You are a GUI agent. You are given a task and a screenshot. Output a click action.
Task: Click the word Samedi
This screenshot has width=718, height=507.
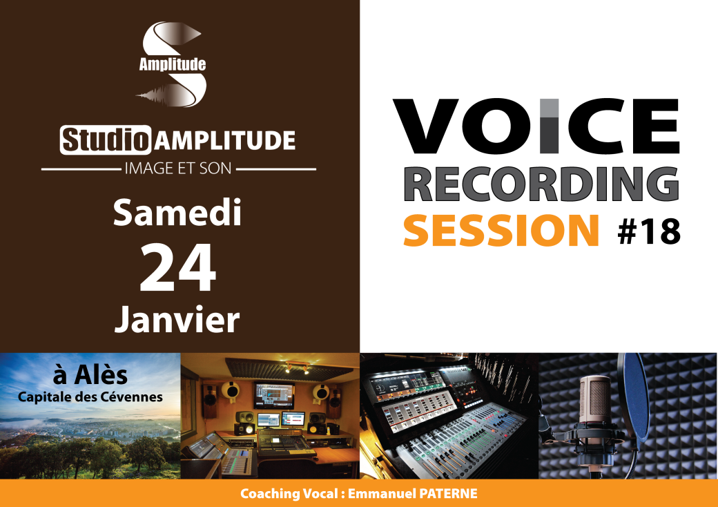tap(177, 213)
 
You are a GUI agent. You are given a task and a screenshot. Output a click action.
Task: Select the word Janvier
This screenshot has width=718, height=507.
tap(177, 319)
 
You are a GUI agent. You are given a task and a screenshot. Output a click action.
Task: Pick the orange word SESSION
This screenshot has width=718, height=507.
tap(501, 231)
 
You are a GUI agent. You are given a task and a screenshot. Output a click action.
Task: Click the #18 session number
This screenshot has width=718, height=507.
tap(648, 232)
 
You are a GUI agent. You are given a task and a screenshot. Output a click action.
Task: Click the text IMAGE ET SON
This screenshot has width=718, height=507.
tap(177, 168)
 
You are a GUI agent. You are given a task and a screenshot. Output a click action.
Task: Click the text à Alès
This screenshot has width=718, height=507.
tap(90, 376)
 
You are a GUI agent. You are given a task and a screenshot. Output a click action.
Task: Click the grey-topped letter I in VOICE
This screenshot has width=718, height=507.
tap(549, 126)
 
